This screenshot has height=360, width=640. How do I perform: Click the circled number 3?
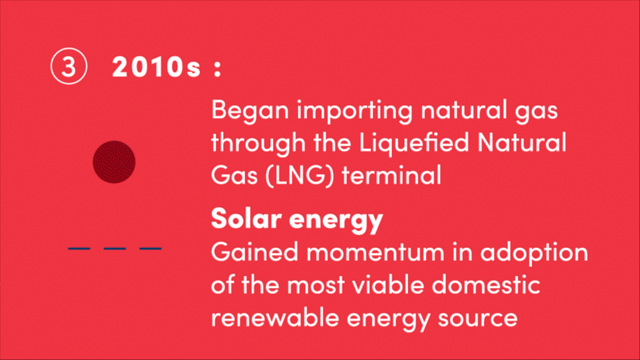pos(69,66)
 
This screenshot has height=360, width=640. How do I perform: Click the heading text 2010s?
pos(157,67)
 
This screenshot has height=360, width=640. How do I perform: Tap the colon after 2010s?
pos(218,68)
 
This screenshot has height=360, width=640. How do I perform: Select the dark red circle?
pos(114,162)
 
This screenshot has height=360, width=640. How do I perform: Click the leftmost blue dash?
pos(79,248)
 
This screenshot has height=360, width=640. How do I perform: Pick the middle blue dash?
pos(115,248)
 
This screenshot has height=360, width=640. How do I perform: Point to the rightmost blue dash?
pos(151,248)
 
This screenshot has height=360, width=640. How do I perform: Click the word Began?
pos(250,111)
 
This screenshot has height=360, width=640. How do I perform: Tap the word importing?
pos(354,111)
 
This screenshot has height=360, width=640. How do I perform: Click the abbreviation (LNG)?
pos(300,176)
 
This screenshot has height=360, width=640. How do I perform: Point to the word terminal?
pos(391,175)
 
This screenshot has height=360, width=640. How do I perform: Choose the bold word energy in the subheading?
pos(336,220)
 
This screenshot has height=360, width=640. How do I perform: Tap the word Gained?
pos(255,251)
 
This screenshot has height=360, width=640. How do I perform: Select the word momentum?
pos(375,253)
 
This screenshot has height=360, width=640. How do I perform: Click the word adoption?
pos(534,253)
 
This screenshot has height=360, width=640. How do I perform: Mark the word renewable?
pos(275,317)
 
